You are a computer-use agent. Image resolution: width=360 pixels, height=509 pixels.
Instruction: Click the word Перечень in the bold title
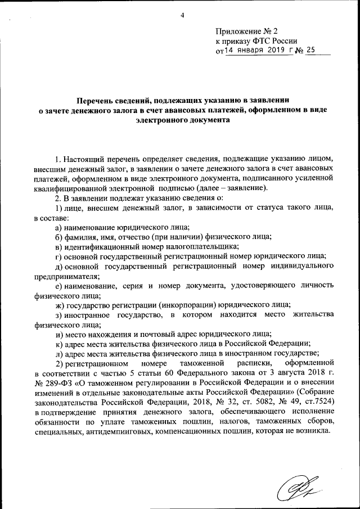pos(97,100)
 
